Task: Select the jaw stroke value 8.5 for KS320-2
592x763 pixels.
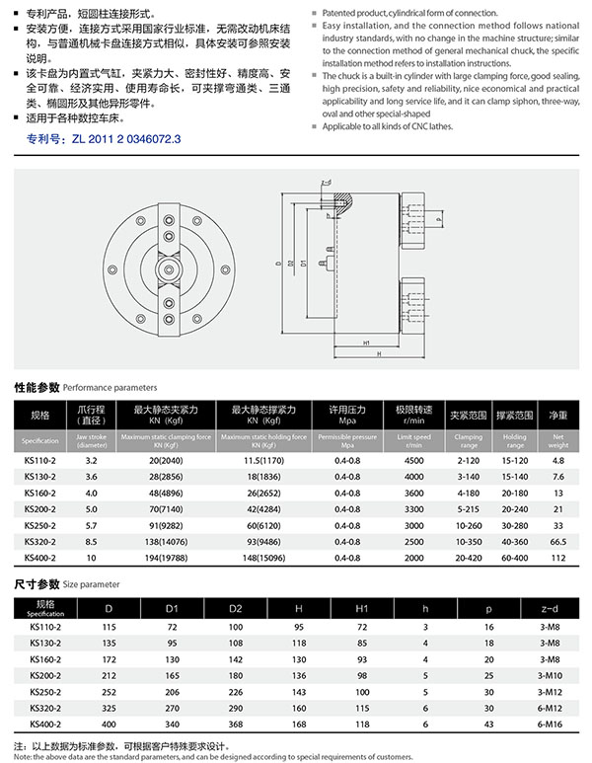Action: pos(91,542)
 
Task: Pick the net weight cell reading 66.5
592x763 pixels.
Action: pos(557,542)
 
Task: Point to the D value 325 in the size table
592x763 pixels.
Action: pos(109,708)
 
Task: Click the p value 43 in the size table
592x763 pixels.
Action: pos(487,724)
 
